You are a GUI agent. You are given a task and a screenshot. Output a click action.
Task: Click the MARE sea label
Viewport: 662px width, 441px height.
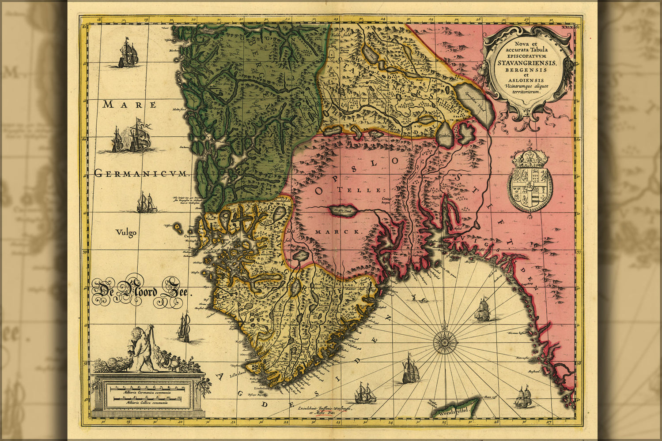tap(129, 105)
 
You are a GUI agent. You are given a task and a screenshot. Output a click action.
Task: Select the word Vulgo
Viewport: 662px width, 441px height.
tap(126, 232)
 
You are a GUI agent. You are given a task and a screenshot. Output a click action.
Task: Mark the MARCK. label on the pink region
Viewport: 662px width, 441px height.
tap(338, 232)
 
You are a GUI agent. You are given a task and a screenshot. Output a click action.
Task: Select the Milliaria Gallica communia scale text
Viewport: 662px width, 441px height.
tap(148, 403)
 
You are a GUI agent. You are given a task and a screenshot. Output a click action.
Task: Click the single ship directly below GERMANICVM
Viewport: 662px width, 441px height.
tap(146, 203)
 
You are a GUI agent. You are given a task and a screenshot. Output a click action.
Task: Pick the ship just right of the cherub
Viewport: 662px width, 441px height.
tap(184, 327)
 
